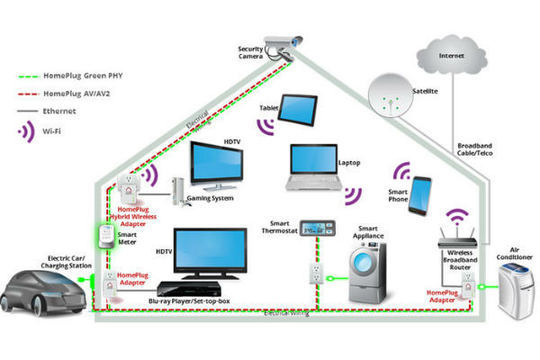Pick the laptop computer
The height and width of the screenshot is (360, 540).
pyautogui.click(x=316, y=167)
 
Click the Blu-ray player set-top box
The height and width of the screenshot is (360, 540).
pyautogui.click(x=194, y=289)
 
